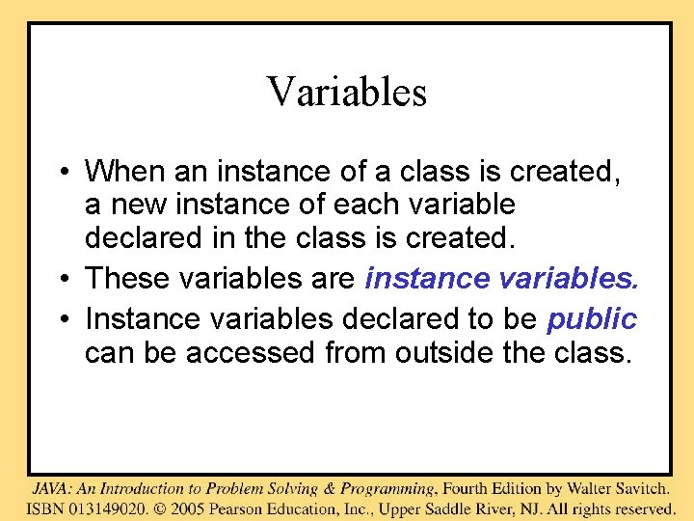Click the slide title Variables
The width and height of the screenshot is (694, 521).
pyautogui.click(x=346, y=93)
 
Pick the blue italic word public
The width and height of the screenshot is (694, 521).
pyautogui.click(x=592, y=318)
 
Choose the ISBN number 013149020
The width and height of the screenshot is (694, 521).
pyautogui.click(x=109, y=508)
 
